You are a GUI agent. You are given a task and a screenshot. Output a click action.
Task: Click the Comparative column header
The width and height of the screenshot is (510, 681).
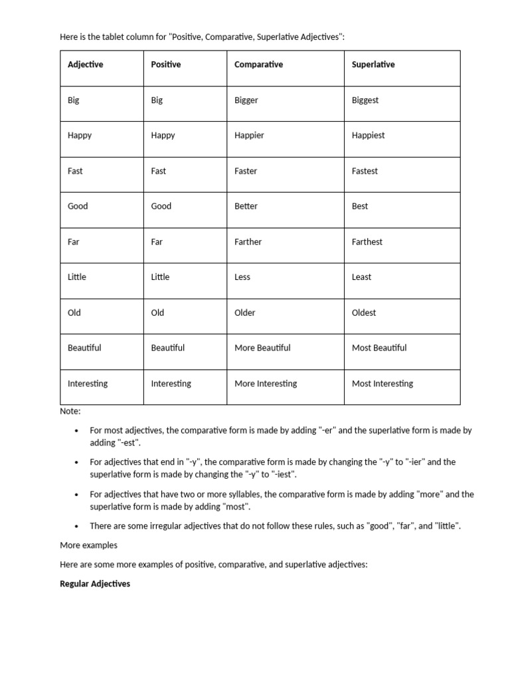(x=258, y=65)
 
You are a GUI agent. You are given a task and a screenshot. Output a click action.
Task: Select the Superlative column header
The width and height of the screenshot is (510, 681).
(x=373, y=65)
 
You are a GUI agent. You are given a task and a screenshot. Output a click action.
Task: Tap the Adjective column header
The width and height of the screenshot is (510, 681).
(x=85, y=65)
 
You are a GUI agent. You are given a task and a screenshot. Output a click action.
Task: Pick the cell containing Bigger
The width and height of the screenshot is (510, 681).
(x=246, y=100)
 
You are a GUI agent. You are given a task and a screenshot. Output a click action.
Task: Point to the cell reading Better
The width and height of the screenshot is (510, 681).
(x=246, y=206)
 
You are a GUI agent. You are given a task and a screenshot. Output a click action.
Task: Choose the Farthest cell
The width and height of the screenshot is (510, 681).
(x=367, y=242)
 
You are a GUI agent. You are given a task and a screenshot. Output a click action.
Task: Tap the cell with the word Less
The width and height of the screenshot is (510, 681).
(x=242, y=277)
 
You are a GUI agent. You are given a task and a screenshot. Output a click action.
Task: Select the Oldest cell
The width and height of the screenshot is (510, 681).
(x=363, y=313)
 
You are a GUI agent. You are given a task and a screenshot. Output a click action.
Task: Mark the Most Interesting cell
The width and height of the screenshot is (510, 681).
(x=382, y=384)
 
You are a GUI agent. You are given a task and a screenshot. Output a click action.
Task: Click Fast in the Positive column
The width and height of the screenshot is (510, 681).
(x=158, y=171)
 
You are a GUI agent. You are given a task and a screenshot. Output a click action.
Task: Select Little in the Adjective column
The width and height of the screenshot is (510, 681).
(x=76, y=277)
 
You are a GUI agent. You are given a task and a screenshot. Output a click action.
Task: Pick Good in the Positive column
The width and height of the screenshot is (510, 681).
(x=161, y=206)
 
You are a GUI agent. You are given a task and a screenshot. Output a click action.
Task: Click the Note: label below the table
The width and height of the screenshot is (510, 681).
(x=70, y=412)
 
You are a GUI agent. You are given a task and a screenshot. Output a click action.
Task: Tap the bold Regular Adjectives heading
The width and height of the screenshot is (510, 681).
(x=95, y=584)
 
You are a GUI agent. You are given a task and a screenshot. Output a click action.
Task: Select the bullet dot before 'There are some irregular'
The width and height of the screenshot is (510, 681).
(x=78, y=526)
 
